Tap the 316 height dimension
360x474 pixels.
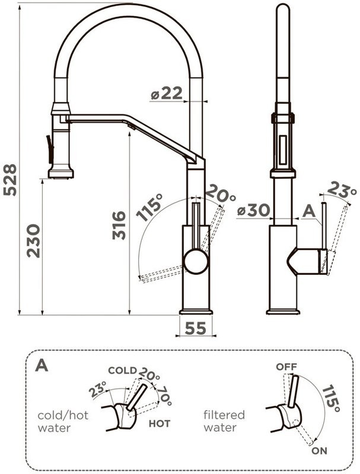tap(119, 225)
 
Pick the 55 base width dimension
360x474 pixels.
tap(196, 328)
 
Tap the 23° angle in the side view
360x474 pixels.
tap(343, 191)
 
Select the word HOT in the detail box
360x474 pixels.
tap(160, 424)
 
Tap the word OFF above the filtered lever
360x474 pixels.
tap(286, 367)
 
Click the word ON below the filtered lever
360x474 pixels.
tap(319, 451)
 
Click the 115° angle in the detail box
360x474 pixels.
tap(330, 398)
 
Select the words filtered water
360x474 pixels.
tap(224, 421)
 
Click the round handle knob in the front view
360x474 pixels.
tap(196, 261)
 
